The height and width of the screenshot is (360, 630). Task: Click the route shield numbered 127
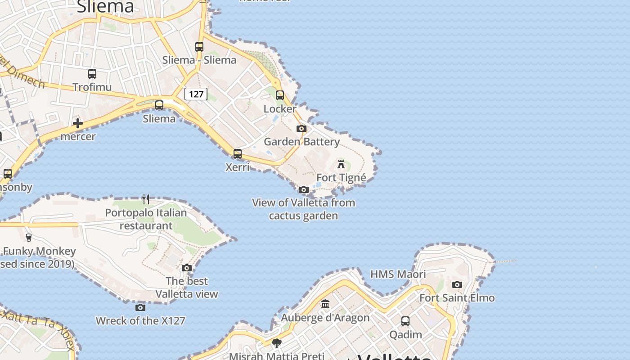click(196, 94)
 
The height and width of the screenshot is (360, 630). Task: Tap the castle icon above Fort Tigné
click(341, 164)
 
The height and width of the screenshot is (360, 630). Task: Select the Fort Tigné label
click(341, 178)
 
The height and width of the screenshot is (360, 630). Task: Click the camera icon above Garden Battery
click(301, 129)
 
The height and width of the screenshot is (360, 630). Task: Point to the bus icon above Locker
click(280, 95)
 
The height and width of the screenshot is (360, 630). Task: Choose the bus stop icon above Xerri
click(238, 154)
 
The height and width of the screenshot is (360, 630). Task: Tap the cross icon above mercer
click(78, 123)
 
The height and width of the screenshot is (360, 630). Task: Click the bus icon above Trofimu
click(92, 74)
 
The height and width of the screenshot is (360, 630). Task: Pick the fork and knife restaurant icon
click(146, 199)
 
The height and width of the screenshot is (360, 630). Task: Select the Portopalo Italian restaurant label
click(146, 219)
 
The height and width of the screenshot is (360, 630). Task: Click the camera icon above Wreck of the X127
click(140, 308)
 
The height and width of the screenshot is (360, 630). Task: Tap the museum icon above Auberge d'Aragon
click(325, 304)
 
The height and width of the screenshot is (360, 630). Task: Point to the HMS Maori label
click(398, 274)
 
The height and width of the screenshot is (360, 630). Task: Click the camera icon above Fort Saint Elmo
click(457, 284)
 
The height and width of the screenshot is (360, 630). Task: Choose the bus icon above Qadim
click(405, 321)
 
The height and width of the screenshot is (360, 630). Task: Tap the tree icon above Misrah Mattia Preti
click(277, 343)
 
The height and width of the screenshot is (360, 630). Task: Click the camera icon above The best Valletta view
click(187, 268)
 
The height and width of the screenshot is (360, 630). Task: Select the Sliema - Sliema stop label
click(199, 60)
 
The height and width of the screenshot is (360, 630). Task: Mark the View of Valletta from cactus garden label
click(304, 209)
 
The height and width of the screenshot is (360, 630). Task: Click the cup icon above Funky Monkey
click(29, 238)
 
